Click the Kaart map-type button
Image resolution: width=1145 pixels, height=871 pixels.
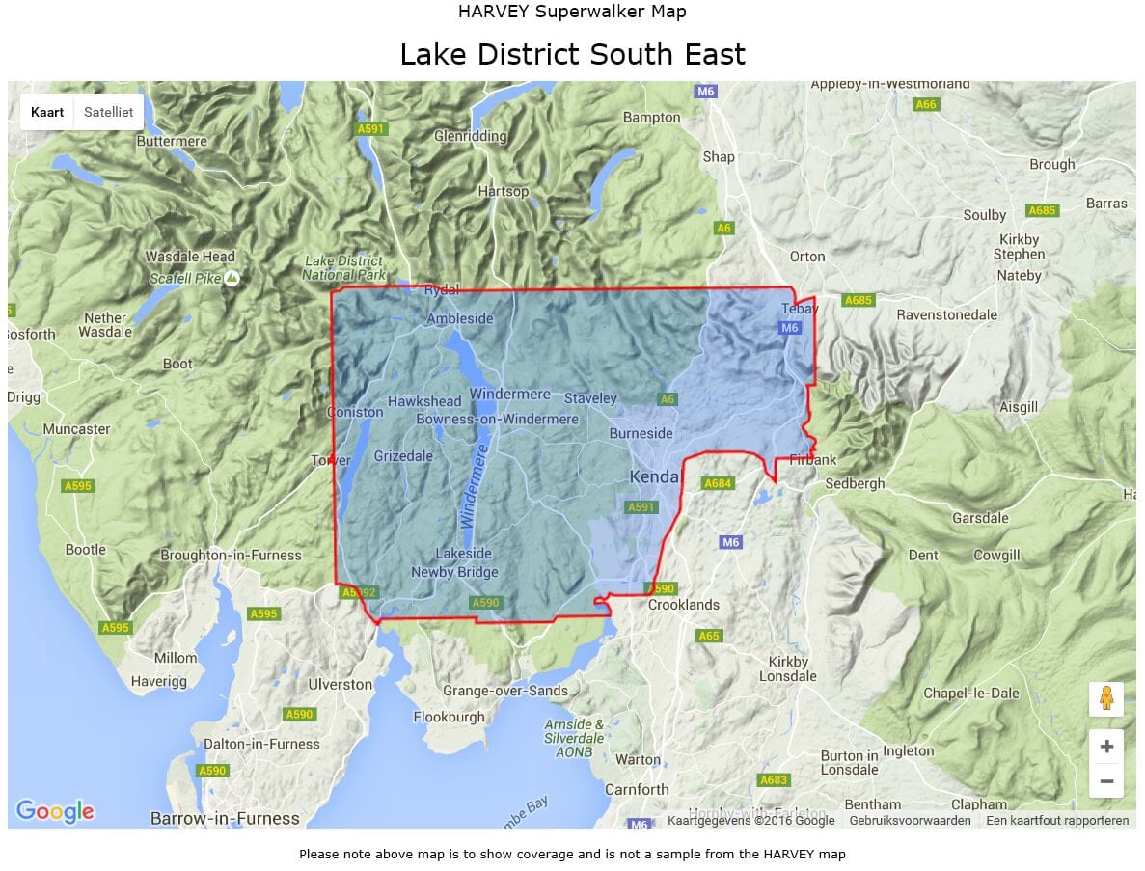click(x=47, y=112)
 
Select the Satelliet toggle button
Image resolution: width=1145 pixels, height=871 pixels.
click(x=108, y=112)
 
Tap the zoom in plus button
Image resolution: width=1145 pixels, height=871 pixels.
click(x=1105, y=747)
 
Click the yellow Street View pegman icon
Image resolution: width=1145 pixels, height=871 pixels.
click(x=1105, y=698)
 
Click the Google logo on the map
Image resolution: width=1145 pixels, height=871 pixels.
click(x=55, y=811)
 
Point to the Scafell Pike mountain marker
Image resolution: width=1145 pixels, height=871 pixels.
click(x=232, y=279)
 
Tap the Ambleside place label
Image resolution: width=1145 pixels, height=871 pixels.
click(x=459, y=319)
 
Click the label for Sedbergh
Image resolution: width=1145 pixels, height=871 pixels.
click(x=854, y=483)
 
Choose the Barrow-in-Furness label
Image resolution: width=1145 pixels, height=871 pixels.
click(x=225, y=818)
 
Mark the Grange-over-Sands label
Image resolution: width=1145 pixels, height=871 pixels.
click(x=505, y=691)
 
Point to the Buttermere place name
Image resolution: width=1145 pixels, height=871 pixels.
click(x=172, y=141)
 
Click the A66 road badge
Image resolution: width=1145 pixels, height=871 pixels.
click(x=925, y=104)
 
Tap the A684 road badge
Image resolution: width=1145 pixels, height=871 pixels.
click(x=717, y=483)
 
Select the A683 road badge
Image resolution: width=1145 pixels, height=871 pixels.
click(x=774, y=779)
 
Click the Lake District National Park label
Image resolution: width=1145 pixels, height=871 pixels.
click(x=343, y=268)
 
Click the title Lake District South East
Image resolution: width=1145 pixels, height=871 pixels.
click(x=572, y=54)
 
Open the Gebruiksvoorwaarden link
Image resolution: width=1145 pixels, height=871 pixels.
click(x=910, y=821)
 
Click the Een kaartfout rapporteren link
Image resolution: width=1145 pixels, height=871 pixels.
click(x=1057, y=821)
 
